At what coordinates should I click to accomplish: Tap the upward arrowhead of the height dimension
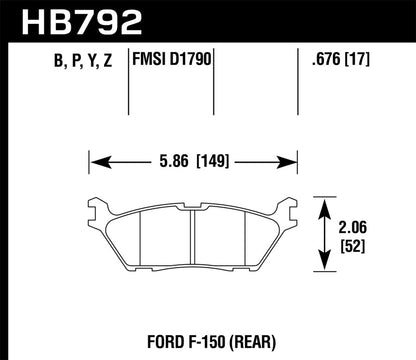click(325, 204)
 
